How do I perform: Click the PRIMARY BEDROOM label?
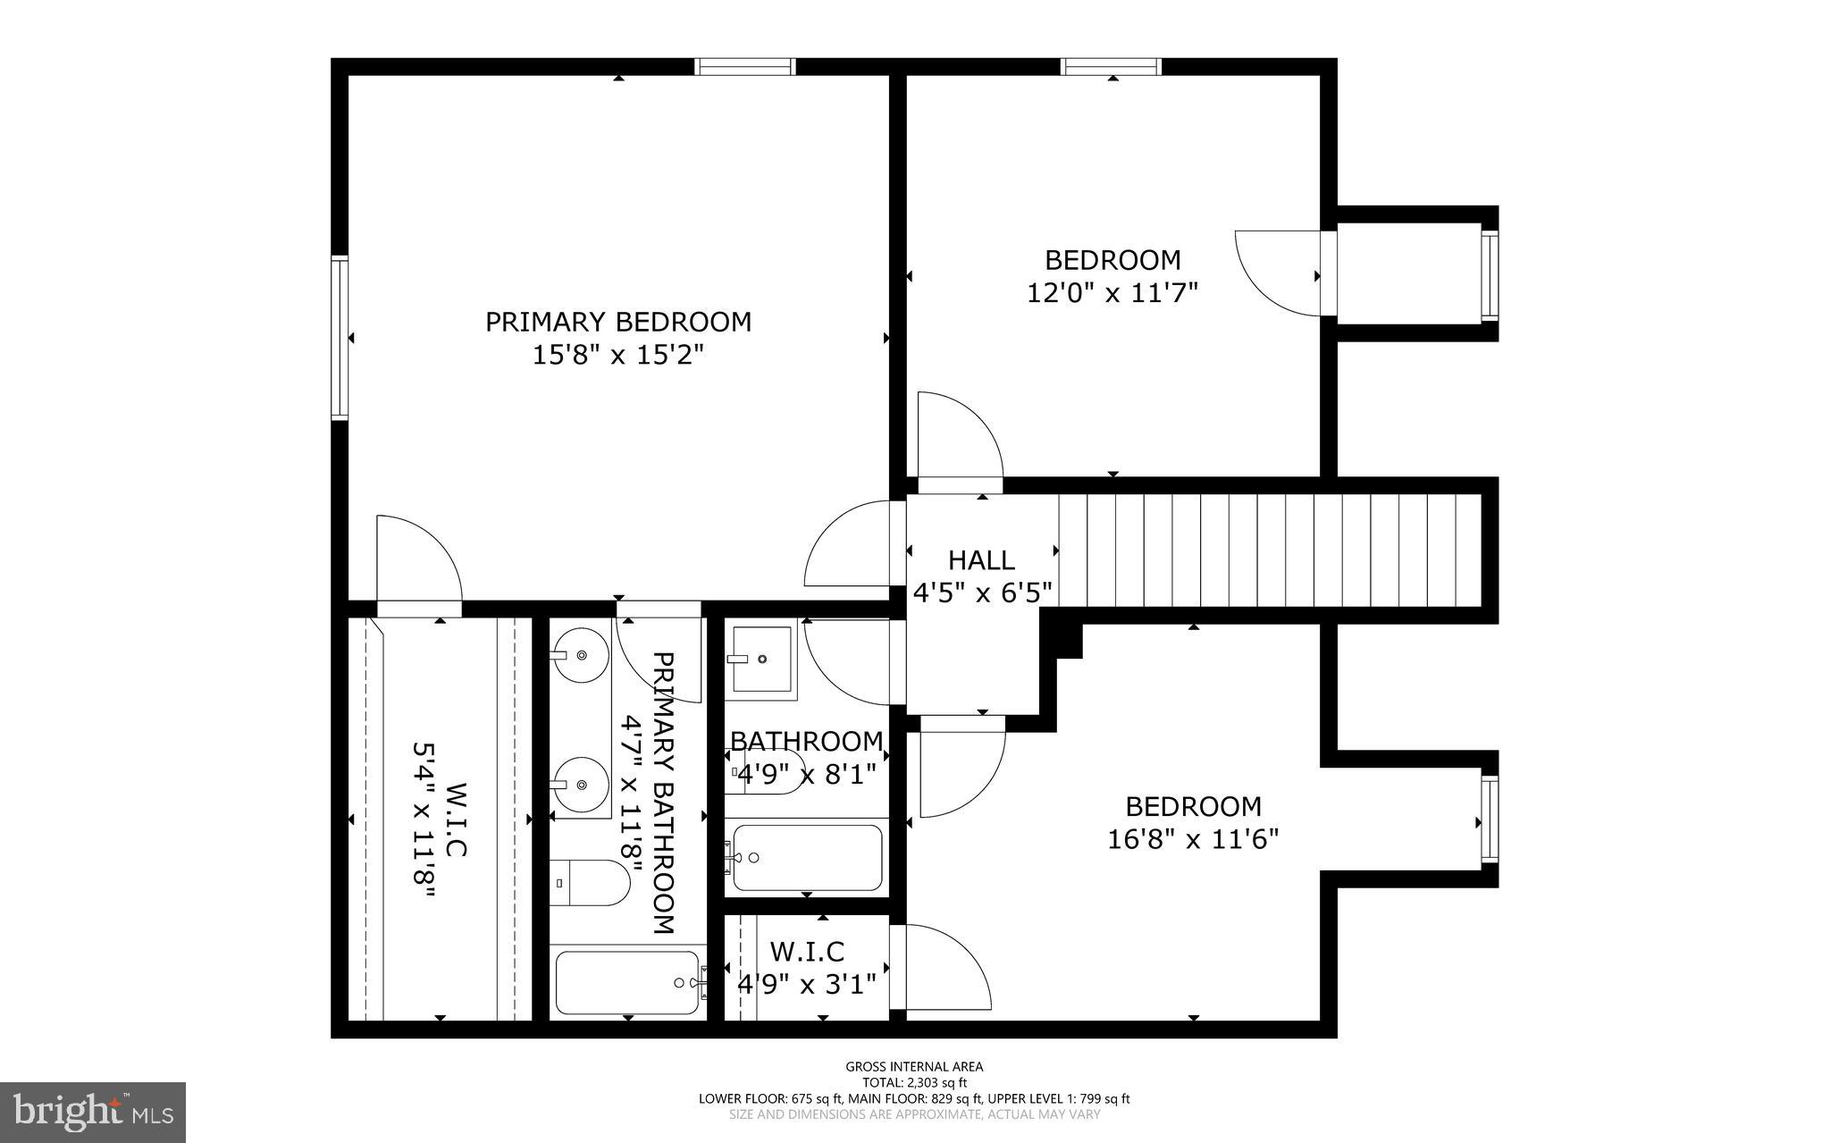(617, 322)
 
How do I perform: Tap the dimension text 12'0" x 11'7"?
(1112, 293)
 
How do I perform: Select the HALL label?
(981, 560)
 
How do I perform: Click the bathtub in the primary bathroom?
(626, 982)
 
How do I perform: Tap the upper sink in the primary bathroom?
(579, 655)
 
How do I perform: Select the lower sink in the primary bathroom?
(579, 785)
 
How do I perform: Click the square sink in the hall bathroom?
(761, 659)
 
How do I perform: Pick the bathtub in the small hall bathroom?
(807, 858)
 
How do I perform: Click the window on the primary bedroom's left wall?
(340, 337)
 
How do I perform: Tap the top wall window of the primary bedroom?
(744, 67)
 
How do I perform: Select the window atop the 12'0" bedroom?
(1111, 67)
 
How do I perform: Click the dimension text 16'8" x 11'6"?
(1193, 840)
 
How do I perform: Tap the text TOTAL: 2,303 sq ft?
(914, 1082)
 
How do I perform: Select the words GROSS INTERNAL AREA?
(914, 1066)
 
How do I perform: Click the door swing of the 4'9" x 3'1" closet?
(947, 970)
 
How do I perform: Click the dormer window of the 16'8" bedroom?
(1489, 819)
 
